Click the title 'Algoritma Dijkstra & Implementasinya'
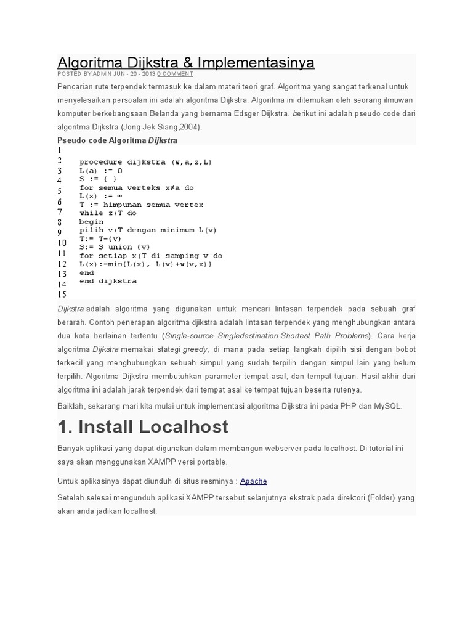tap(185, 62)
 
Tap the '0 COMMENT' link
tap(175, 74)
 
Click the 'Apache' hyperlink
tap(253, 481)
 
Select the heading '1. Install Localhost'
tap(142, 426)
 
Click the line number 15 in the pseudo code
tap(62, 295)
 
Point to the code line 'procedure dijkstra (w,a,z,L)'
tap(145, 162)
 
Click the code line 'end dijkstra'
tap(108, 281)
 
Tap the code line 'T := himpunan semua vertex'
tap(141, 205)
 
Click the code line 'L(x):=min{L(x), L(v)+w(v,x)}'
tap(145, 264)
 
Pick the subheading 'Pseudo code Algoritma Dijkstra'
tap(117, 140)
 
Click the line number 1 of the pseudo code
tap(60, 150)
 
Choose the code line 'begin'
tap(91, 222)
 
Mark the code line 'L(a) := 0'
tap(101, 171)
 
